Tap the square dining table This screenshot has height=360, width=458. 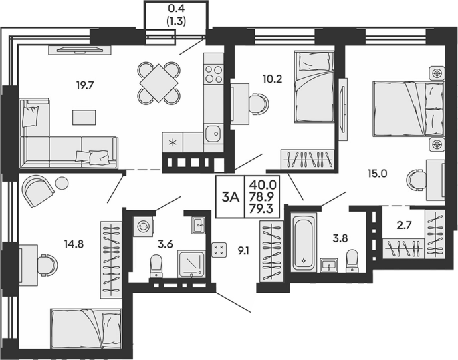(x=158, y=83)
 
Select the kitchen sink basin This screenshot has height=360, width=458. (x=213, y=134)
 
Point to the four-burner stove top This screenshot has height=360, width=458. (x=213, y=74)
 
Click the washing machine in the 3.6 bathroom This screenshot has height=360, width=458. (x=143, y=226)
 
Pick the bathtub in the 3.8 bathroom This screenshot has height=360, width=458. (x=304, y=242)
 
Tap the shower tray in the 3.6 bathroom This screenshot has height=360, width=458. (x=191, y=264)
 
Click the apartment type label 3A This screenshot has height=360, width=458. (x=231, y=198)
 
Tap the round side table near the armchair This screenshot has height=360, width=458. (x=62, y=183)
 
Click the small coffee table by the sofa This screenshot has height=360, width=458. (x=84, y=117)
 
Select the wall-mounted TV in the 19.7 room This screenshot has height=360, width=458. (x=80, y=50)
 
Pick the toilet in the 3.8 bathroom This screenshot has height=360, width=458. (x=352, y=260)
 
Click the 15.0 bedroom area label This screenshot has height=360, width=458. (x=377, y=174)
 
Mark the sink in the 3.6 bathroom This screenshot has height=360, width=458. (x=199, y=225)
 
